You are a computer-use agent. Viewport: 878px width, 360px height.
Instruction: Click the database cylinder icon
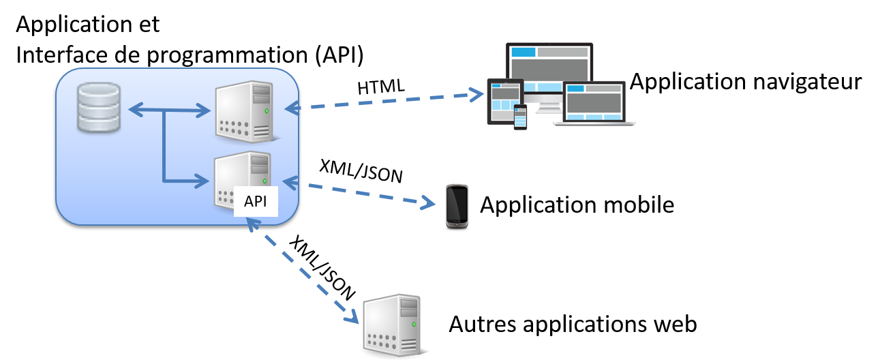point(99,107)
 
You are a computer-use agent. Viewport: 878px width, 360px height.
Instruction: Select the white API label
point(256,201)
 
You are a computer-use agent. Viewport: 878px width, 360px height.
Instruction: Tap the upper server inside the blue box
point(244,110)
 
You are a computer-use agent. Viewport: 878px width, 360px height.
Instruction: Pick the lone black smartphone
point(457,205)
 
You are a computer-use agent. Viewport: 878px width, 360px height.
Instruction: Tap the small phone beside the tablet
point(520,117)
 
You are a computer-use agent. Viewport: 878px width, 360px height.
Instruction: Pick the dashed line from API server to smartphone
point(361,193)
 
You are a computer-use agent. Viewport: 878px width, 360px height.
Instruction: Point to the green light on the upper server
point(267,110)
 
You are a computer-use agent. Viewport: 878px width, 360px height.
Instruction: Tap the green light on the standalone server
point(414,325)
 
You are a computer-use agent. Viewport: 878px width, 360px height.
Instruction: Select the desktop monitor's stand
point(549,106)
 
